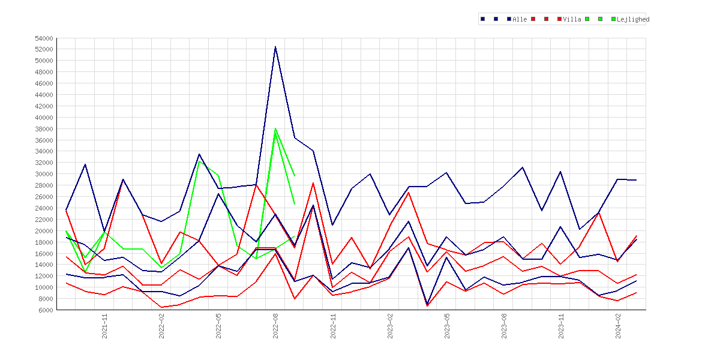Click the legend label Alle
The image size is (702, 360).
[x=520, y=19]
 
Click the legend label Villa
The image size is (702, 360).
[x=572, y=19]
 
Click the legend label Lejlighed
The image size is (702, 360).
[x=633, y=19]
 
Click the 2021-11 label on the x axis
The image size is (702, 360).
[x=105, y=326]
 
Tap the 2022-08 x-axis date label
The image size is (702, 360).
[x=276, y=326]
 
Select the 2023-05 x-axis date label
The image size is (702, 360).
[x=447, y=326]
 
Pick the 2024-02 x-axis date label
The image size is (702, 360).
[x=618, y=326]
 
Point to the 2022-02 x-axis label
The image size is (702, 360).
[x=161, y=326]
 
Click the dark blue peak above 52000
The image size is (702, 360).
[x=275, y=47]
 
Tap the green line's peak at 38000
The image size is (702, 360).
[x=275, y=128]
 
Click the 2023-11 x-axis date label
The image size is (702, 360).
[x=561, y=326]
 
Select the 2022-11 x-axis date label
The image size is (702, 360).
[x=333, y=326]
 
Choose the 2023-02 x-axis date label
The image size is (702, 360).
[x=390, y=326]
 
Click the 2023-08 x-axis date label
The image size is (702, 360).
[x=504, y=326]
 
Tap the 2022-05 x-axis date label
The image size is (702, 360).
[x=219, y=326]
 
